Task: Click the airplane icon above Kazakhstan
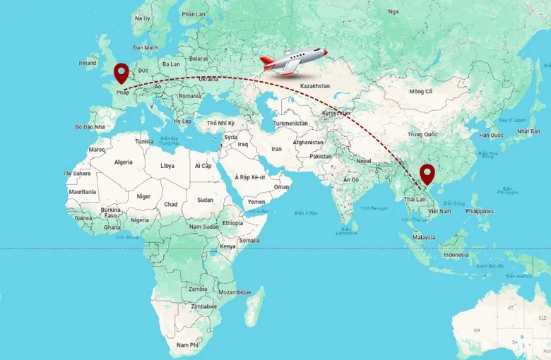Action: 293,61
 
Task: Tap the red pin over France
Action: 122,73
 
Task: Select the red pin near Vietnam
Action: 427,174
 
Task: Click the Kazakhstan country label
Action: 314,85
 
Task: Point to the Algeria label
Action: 124,162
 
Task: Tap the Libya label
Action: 167,166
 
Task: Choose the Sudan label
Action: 205,200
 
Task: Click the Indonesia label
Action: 455,254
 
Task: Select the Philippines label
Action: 480,211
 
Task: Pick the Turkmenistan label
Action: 290,123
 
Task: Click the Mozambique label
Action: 235,292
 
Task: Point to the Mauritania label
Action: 83,192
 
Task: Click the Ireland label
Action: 88,63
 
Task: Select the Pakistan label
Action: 320,156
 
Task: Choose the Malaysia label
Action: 424,238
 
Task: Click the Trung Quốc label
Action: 422,134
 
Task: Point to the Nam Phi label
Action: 187,344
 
